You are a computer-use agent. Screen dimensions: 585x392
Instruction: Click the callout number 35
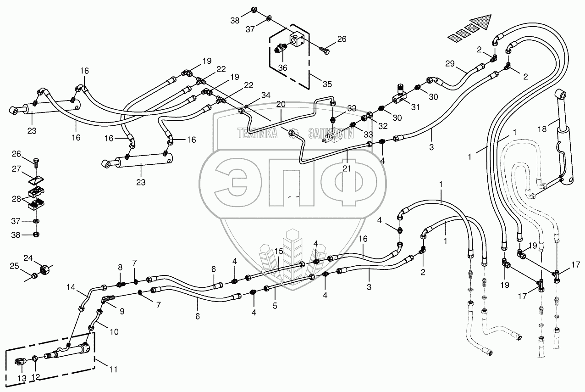327,84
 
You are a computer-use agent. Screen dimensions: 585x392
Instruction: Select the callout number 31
415,107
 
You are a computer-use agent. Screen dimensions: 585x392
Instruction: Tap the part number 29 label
450,63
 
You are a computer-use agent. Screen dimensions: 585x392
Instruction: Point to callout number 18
542,129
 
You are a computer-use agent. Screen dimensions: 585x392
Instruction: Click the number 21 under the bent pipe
347,168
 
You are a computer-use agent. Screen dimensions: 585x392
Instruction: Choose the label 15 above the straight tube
279,251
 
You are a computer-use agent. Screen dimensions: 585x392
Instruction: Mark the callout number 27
16,169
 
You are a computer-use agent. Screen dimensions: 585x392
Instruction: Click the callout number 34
265,95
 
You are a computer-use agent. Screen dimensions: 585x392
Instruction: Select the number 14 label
71,287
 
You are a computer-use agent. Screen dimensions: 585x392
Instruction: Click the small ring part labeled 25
33,275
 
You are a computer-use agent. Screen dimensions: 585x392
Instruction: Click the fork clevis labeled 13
20,362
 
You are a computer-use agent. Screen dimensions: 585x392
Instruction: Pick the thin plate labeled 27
36,180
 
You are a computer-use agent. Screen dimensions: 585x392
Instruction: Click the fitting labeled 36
281,49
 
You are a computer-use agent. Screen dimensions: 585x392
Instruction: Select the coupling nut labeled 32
367,117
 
